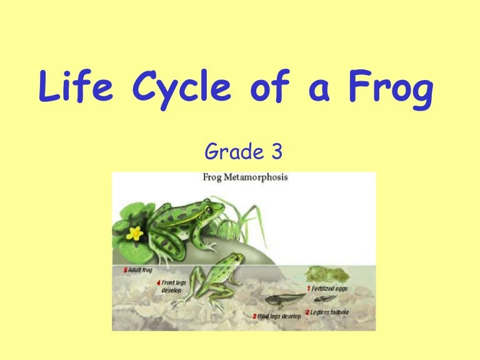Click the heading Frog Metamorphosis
pos(245,177)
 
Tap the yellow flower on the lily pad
pos(134,234)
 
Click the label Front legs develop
pos(173,287)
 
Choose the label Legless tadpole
pos(329,312)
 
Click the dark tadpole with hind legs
pos(284,299)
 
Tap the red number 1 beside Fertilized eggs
pos(308,289)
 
